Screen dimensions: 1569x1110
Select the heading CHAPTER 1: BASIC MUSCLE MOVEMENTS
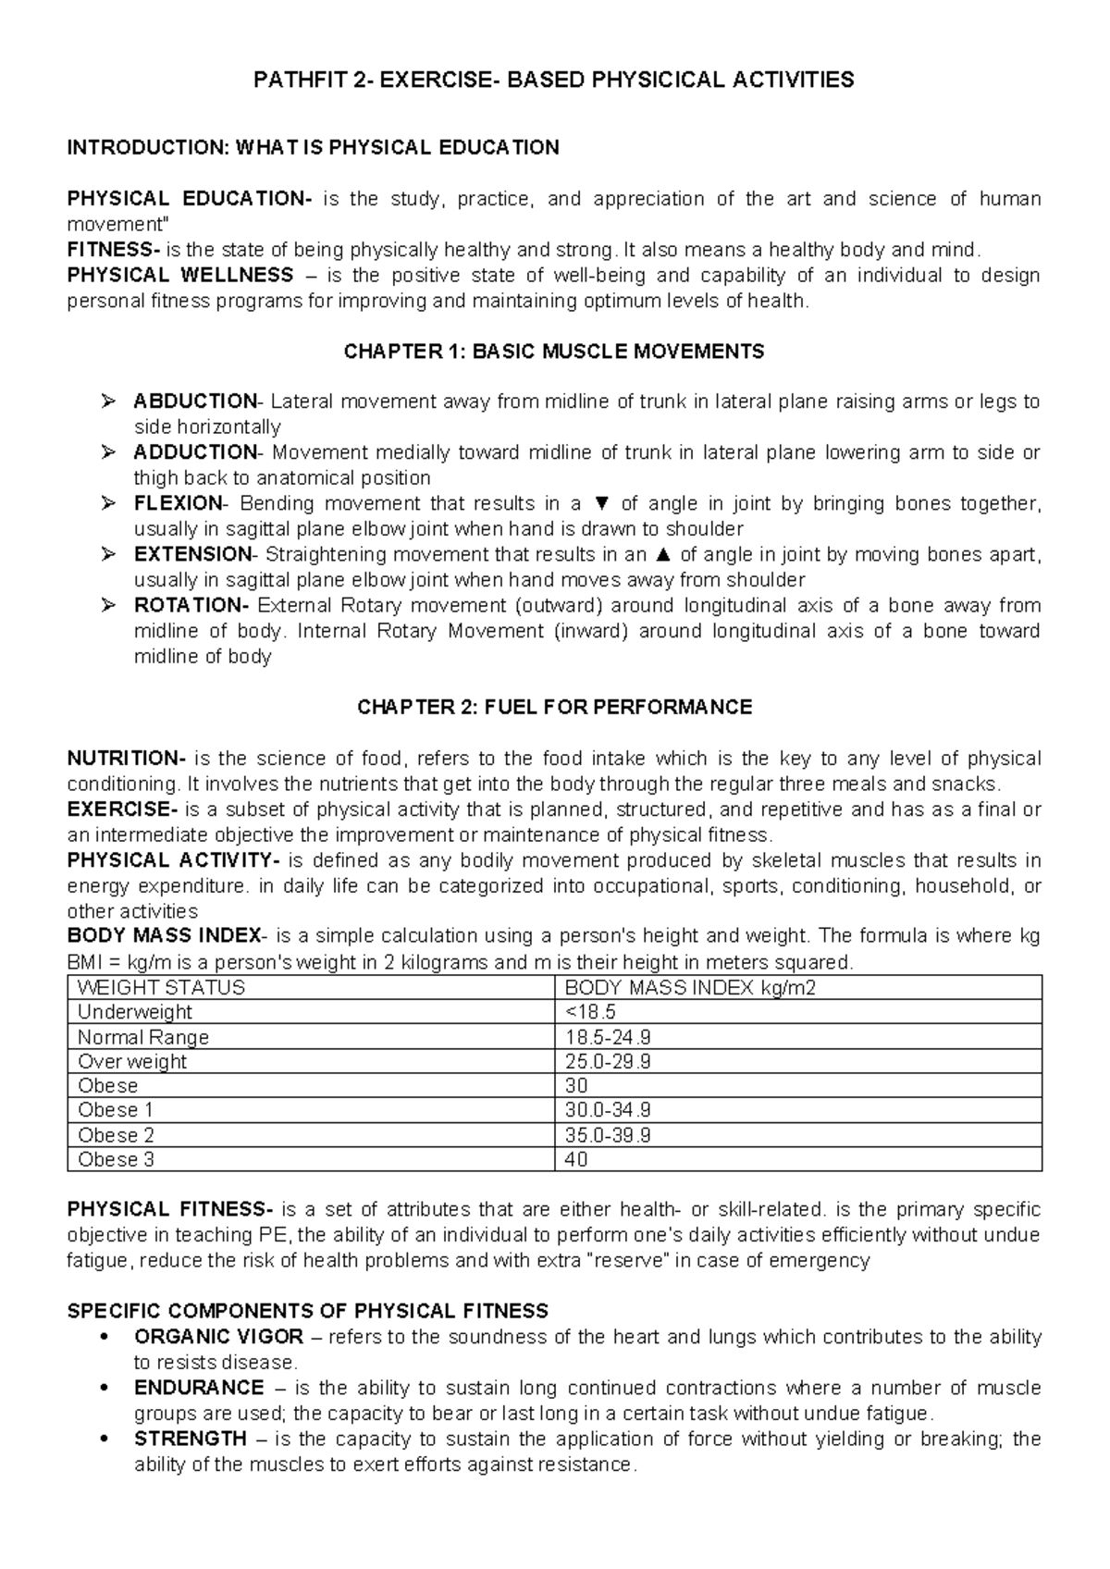554,352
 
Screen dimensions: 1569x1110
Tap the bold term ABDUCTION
195,402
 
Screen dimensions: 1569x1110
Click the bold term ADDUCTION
195,452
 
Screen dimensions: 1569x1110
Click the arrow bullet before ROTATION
109,606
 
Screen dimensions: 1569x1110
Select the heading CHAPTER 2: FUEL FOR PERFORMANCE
554,708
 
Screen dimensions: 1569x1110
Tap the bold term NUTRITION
126,759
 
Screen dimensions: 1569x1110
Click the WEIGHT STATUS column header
161,987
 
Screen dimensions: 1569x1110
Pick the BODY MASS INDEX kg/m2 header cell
690,987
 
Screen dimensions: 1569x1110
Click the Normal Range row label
143,1037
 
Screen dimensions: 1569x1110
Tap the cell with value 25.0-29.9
608,1061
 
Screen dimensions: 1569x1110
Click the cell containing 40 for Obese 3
575,1160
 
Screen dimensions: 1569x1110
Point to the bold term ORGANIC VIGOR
218,1337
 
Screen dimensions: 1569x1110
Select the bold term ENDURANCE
199,1388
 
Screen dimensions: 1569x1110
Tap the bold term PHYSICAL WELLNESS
180,276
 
